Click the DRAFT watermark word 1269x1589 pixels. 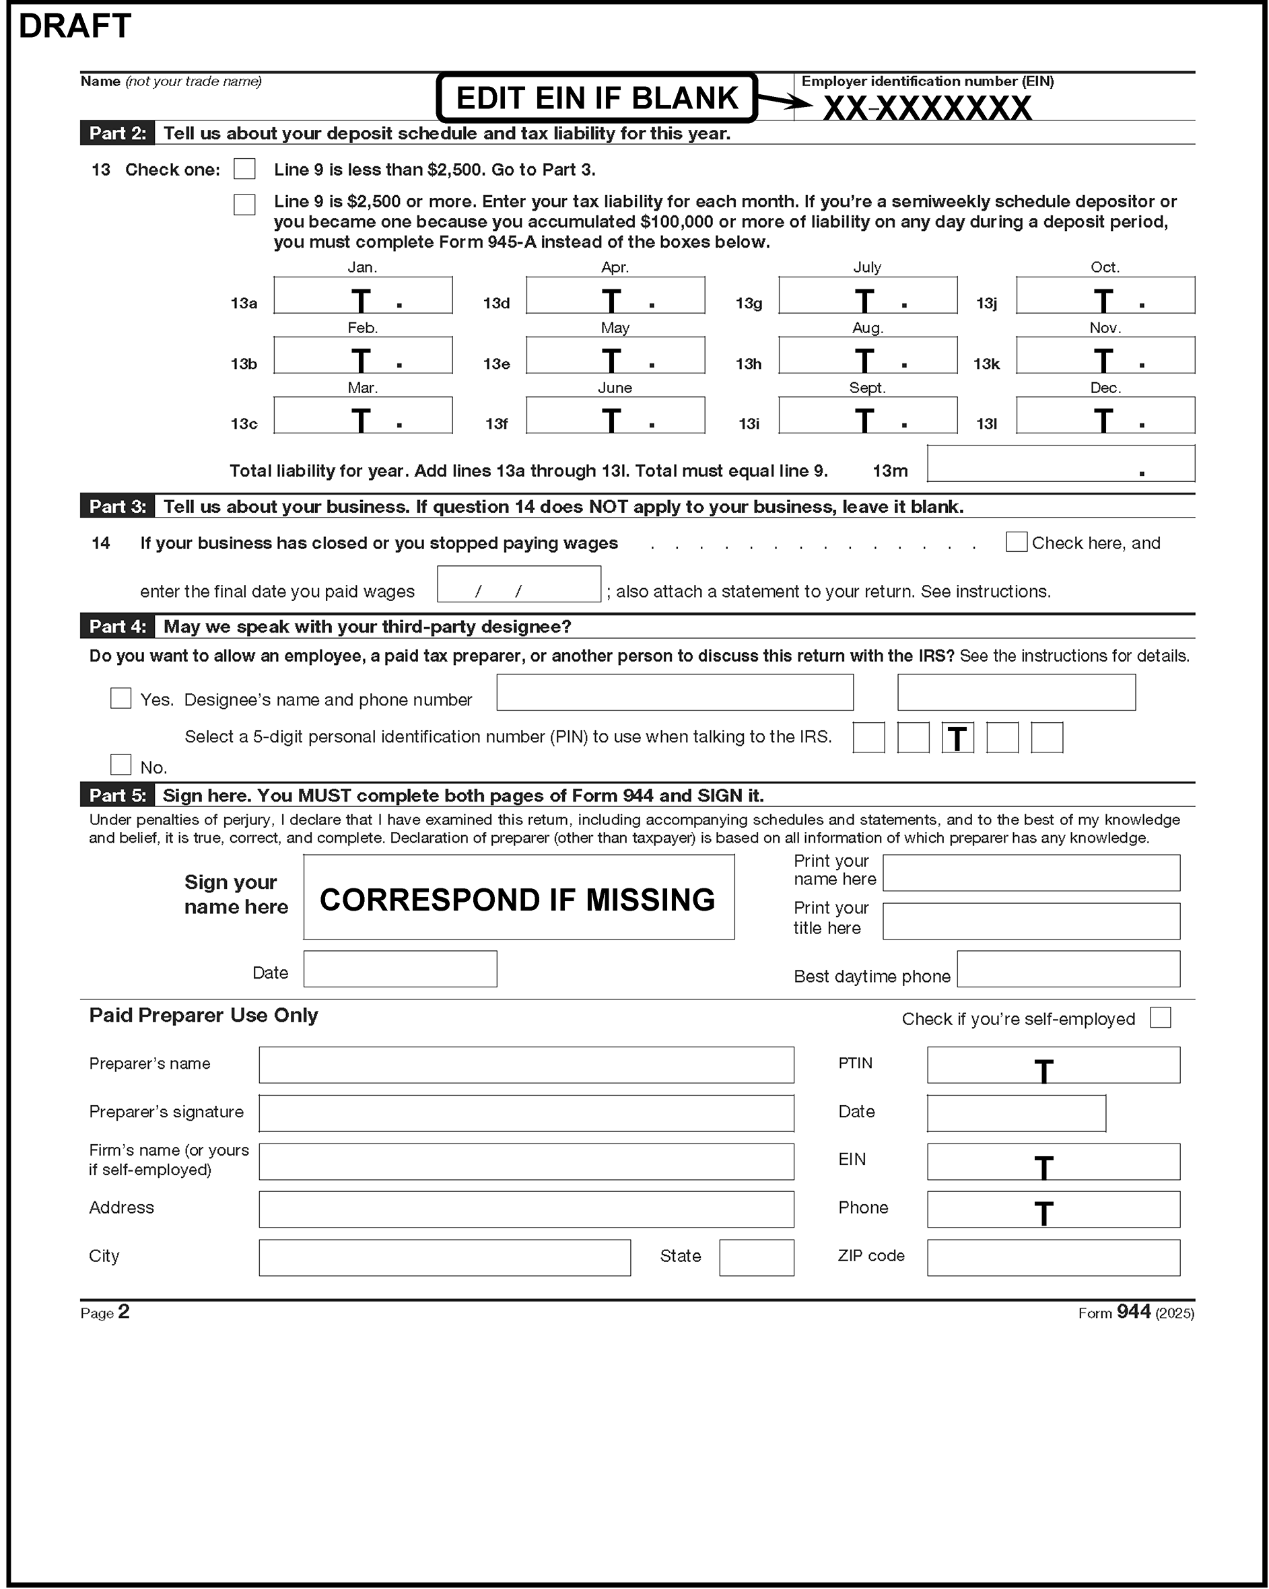click(x=75, y=26)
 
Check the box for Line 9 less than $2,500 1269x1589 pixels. click(x=244, y=169)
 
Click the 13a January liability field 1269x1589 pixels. click(x=363, y=295)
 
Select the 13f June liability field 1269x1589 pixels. click(x=615, y=416)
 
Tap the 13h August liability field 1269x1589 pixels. click(x=868, y=355)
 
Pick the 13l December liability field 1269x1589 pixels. click(x=1105, y=416)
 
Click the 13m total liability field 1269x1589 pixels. click(x=1060, y=464)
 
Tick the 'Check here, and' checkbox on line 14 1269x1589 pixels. click(x=1016, y=542)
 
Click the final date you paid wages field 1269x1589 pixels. click(x=518, y=584)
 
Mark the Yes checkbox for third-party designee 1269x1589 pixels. click(x=121, y=698)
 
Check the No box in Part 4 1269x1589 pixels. click(x=121, y=765)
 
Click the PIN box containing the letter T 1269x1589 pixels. click(x=957, y=737)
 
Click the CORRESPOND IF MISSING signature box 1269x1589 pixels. click(x=518, y=897)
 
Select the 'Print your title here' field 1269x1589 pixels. click(x=1031, y=921)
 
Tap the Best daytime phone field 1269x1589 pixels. click(x=1068, y=969)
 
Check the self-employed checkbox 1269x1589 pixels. click(x=1160, y=1018)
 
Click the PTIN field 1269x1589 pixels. click(x=1053, y=1065)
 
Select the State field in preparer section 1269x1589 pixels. click(x=757, y=1257)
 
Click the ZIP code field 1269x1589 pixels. click(x=1053, y=1257)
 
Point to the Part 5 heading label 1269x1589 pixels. click(x=117, y=796)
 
